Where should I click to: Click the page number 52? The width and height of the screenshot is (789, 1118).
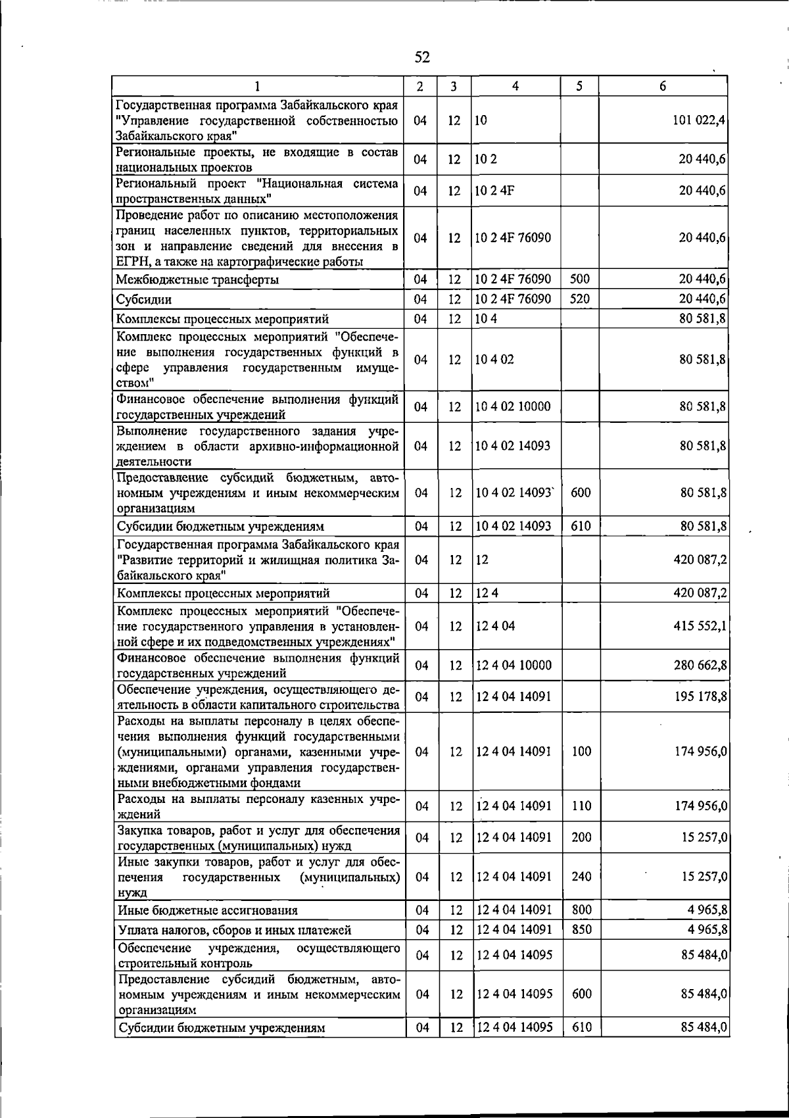coord(422,57)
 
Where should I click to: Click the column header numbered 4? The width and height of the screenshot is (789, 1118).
coord(515,86)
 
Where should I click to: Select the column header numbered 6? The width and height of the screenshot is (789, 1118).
coord(663,86)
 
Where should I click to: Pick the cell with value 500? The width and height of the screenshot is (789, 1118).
coord(580,279)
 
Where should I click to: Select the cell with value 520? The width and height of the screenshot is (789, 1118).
coord(580,299)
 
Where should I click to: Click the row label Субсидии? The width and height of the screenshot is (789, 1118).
coord(144,300)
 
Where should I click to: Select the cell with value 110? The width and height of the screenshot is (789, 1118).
coord(581,806)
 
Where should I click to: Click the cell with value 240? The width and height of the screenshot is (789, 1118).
coord(581,877)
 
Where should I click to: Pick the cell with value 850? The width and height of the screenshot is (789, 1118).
coord(581,930)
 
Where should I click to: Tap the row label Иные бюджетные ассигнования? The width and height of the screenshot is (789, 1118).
coord(207,911)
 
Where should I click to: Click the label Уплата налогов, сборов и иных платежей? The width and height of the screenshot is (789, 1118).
coord(234,931)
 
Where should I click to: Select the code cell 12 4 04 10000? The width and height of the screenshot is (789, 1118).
coord(514,666)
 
